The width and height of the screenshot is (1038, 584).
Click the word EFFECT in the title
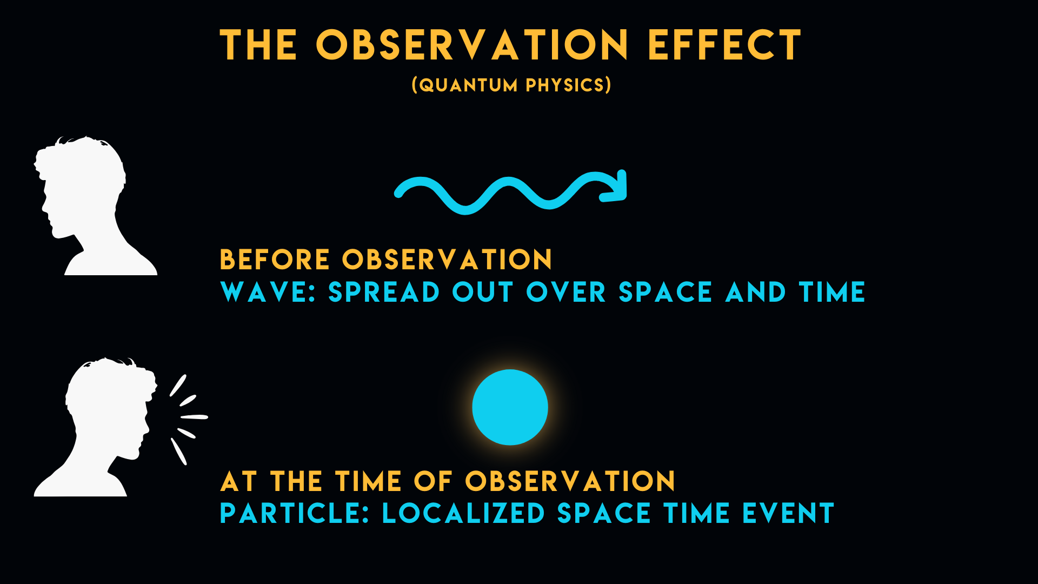click(x=724, y=45)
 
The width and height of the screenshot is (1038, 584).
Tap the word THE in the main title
click(x=258, y=45)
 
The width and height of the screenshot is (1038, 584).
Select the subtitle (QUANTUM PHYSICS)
click(x=511, y=85)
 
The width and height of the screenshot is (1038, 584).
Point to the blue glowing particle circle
click(x=510, y=407)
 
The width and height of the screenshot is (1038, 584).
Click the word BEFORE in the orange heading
click(x=275, y=260)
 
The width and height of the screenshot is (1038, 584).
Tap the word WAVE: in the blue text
click(x=268, y=292)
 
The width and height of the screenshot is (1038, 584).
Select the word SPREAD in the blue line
click(x=384, y=292)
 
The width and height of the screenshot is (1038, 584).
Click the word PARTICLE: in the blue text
click(x=295, y=513)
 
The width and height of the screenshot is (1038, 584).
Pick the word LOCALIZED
click(x=463, y=513)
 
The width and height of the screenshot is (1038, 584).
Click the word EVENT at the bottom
click(x=788, y=513)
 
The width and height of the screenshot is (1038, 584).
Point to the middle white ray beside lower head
click(x=194, y=417)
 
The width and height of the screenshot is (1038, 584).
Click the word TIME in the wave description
click(x=833, y=292)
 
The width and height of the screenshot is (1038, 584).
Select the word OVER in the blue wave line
click(x=566, y=292)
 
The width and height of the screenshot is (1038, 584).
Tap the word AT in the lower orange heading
click(x=238, y=481)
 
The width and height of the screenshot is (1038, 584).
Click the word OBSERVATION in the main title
click(x=472, y=45)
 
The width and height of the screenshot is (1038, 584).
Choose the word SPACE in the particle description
click(x=604, y=513)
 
